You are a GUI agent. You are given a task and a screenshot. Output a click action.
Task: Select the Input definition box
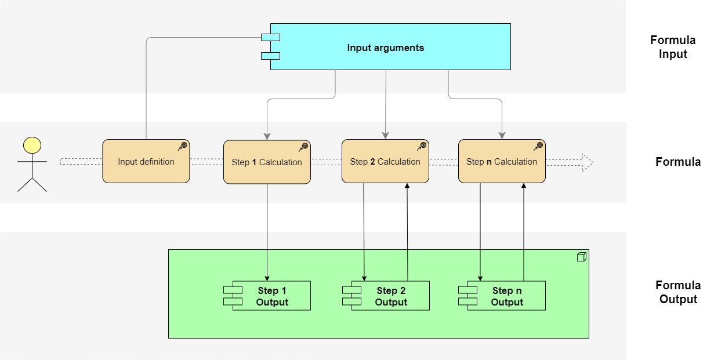click(x=146, y=162)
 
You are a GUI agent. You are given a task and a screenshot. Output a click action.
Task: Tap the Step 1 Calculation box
click(x=267, y=162)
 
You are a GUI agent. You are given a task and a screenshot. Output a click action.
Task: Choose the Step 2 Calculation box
click(x=385, y=162)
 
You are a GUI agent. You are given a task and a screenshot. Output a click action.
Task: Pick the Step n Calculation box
click(x=502, y=162)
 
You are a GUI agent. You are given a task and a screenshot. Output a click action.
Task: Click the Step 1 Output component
click(x=268, y=296)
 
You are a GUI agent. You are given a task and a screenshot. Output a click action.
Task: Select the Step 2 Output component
click(x=386, y=296)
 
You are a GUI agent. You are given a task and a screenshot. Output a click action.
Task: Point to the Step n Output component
click(x=502, y=296)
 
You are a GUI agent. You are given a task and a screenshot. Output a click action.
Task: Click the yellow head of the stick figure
click(x=32, y=145)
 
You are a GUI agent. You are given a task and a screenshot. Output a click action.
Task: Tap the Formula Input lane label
click(x=673, y=48)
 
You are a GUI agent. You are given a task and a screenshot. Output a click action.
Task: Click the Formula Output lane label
click(x=678, y=292)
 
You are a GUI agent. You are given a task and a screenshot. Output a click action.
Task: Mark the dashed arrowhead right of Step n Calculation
click(x=587, y=162)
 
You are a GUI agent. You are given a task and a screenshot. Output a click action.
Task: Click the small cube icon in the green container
click(x=581, y=257)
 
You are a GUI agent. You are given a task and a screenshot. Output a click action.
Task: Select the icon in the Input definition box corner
click(x=183, y=146)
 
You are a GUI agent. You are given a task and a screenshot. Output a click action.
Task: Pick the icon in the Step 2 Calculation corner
click(x=422, y=147)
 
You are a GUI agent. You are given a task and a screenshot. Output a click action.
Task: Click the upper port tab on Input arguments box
click(x=270, y=38)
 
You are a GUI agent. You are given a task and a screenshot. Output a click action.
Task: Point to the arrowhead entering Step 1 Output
click(x=267, y=278)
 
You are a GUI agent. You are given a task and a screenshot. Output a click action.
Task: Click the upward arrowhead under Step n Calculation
click(x=524, y=187)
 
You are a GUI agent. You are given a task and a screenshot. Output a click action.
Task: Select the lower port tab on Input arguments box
click(x=270, y=56)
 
